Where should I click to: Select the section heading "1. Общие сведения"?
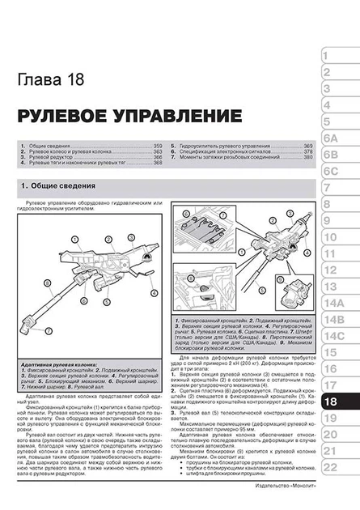point(50,188)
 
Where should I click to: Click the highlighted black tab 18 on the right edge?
point(335,402)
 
